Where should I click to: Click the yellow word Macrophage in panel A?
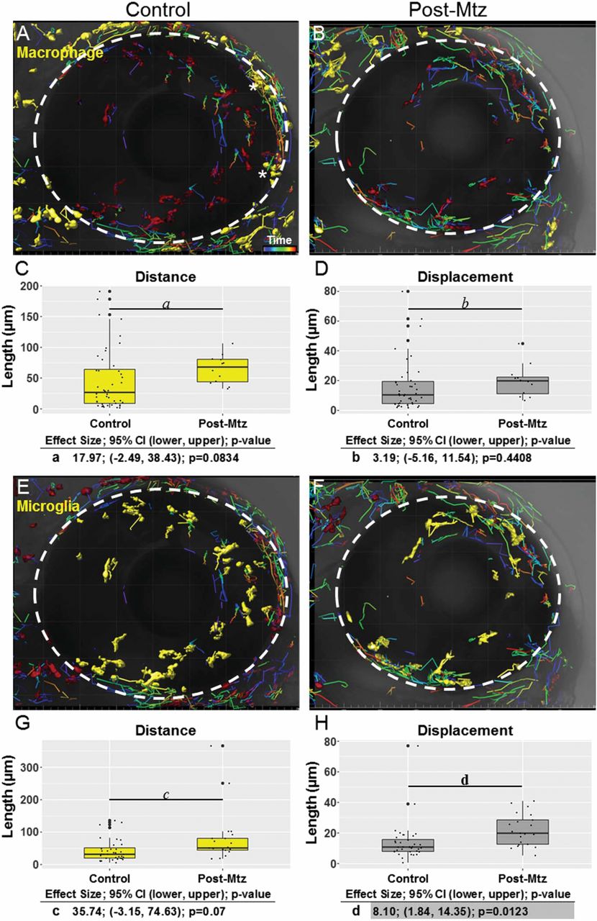[x=51, y=52]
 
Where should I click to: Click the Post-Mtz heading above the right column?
[x=451, y=10]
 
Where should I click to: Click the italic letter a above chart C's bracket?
[x=166, y=304]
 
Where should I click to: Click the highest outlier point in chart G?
[x=222, y=745]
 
